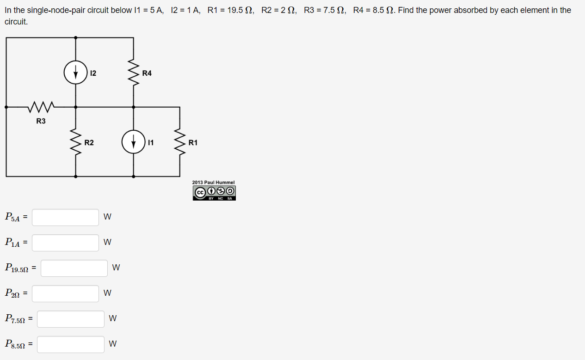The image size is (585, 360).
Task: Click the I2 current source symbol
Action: pyautogui.click(x=76, y=72)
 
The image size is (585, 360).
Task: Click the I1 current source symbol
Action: pyautogui.click(x=134, y=142)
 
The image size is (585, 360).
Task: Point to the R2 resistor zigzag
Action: pyautogui.click(x=76, y=142)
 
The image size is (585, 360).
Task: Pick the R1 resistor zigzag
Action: pyautogui.click(x=180, y=142)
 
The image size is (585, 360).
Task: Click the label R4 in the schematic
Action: pyautogui.click(x=147, y=73)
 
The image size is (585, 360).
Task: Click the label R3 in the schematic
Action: pyautogui.click(x=41, y=121)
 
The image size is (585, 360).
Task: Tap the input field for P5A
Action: pyautogui.click(x=65, y=217)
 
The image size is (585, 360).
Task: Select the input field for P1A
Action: pyautogui.click(x=65, y=243)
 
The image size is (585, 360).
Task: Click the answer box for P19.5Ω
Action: pyautogui.click(x=74, y=268)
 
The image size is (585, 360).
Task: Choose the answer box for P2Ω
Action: pyautogui.click(x=65, y=293)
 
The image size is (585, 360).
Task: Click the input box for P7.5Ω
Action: pyautogui.click(x=71, y=319)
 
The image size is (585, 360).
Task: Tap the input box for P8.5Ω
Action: pyautogui.click(x=71, y=344)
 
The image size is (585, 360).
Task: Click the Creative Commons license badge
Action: pyautogui.click(x=214, y=193)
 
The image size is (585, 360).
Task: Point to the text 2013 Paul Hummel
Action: pyautogui.click(x=214, y=183)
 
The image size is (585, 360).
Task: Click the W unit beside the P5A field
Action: pyautogui.click(x=107, y=217)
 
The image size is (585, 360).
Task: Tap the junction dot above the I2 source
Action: pyautogui.click(x=76, y=37)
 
